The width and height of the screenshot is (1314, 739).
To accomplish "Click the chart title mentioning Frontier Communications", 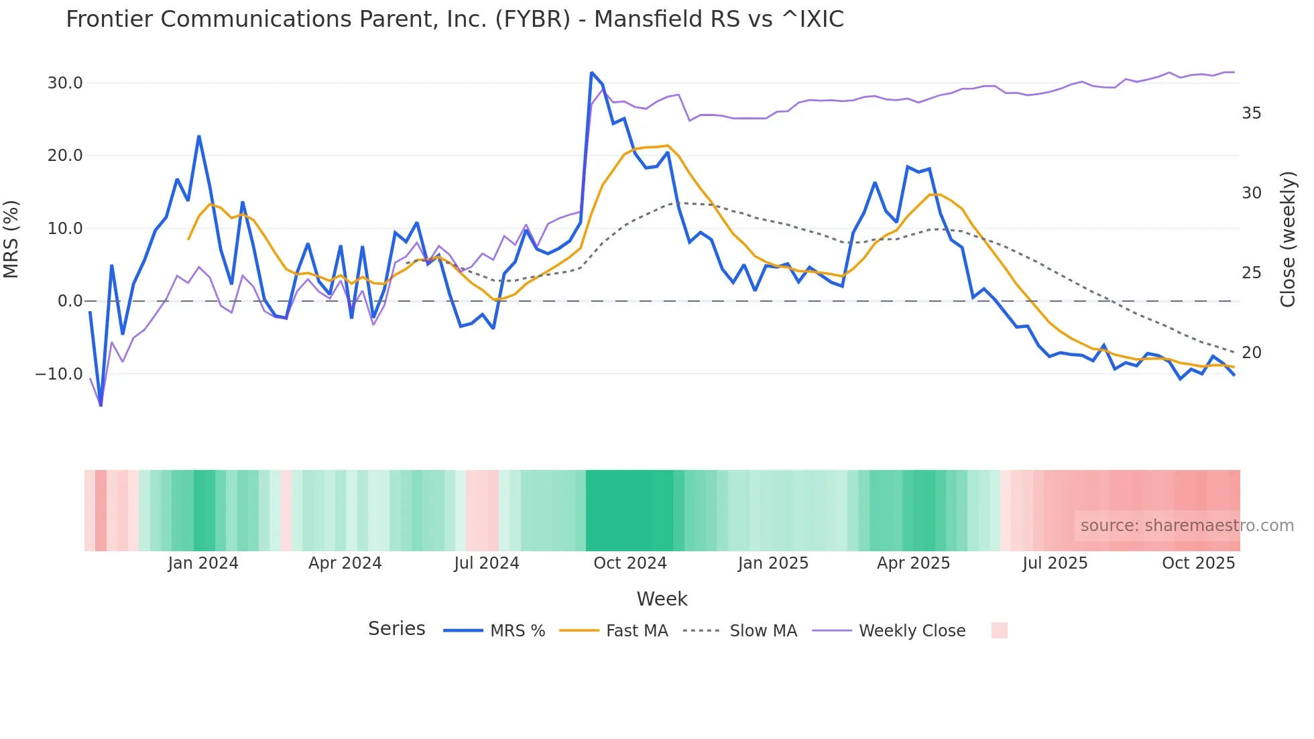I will click(455, 19).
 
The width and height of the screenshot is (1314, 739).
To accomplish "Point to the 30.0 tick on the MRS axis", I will click(65, 83).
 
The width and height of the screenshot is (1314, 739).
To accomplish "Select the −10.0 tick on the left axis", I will click(59, 374).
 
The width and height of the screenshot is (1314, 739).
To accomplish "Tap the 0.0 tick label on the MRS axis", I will click(70, 301).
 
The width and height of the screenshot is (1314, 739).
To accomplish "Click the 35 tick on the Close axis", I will click(1251, 113).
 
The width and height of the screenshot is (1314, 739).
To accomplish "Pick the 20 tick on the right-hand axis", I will click(1251, 353).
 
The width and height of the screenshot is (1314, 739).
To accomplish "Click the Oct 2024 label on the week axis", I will click(630, 563).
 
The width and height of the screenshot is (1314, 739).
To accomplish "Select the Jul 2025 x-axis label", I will click(1055, 563).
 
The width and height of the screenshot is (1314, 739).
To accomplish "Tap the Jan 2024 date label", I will click(202, 563).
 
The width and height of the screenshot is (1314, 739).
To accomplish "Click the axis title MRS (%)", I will click(11, 239).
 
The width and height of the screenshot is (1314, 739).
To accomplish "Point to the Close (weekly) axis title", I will click(1287, 239).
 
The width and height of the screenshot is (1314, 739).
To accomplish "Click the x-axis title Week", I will click(662, 599).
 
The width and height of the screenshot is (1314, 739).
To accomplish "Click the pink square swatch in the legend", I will click(999, 630).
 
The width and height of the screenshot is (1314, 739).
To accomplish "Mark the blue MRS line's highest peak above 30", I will click(591, 72).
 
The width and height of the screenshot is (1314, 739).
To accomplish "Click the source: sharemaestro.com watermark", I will click(1187, 526).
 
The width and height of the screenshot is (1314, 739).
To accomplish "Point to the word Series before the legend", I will click(396, 629).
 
